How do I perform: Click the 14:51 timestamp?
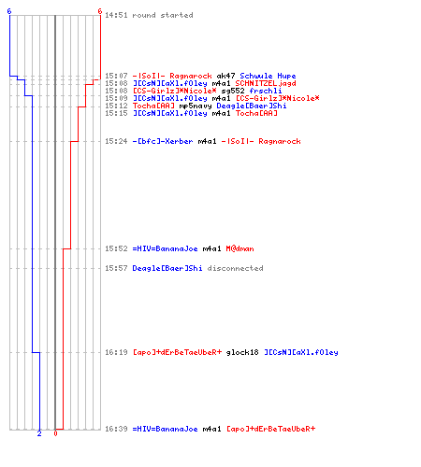116,15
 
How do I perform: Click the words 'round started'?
163,15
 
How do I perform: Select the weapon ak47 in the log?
225,76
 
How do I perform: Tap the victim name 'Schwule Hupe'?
268,76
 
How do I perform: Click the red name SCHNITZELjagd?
266,83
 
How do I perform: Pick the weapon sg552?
233,91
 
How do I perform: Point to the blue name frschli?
266,91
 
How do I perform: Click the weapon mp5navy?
196,106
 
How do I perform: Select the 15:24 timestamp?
116,141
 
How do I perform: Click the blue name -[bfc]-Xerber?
163,141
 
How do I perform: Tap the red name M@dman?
240,248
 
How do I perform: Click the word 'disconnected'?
235,268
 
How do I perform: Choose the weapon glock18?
242,352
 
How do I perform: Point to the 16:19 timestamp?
116,352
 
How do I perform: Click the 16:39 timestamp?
116,429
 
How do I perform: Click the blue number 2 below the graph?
39,433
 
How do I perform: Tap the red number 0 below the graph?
55,433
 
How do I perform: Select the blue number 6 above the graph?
9,11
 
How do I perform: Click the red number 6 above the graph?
100,11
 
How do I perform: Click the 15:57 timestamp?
116,268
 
